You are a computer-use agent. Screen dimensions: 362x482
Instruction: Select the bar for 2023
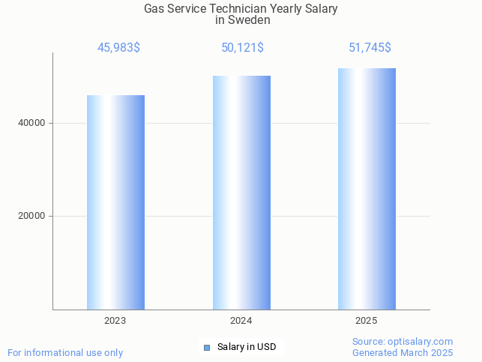pos(115,202)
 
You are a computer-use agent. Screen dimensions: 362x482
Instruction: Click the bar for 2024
pos(241,193)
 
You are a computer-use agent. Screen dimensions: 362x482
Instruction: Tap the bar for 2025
pos(367,189)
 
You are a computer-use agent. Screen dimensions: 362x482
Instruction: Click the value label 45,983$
pos(118,48)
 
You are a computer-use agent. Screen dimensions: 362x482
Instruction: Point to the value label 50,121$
pos(242,48)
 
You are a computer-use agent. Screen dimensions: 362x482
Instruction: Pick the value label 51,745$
pos(370,48)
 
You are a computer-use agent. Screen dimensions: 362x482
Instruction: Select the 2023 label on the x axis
pos(115,321)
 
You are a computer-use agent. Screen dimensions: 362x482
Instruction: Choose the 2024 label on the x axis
pos(241,321)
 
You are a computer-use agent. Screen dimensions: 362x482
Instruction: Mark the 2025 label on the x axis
pos(367,321)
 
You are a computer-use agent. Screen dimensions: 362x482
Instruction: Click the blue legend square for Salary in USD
pos(207,347)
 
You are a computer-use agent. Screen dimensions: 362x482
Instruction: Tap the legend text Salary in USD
pos(247,347)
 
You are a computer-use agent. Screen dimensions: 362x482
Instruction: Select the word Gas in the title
pos(154,9)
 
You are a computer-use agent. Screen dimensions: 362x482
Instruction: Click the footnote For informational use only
pos(65,352)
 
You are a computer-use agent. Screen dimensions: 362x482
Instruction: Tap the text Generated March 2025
pos(403,353)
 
